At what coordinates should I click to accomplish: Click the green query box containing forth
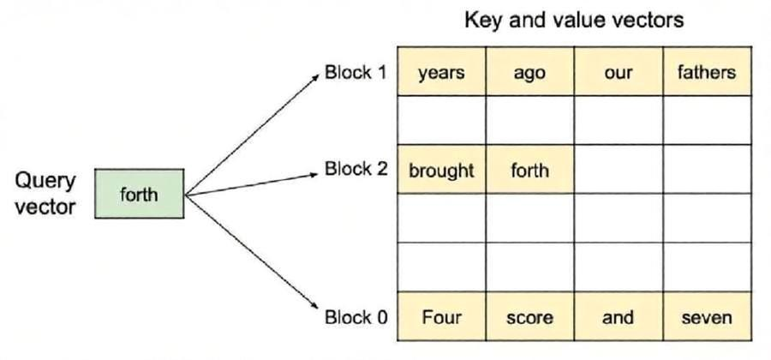139,194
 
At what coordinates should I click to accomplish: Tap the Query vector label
45,194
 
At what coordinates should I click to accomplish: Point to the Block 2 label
356,169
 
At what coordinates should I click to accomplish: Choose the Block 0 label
356,317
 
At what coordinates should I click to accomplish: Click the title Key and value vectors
574,21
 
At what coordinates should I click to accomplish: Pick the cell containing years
441,71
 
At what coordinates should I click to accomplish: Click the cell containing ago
529,71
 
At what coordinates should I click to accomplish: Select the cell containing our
618,71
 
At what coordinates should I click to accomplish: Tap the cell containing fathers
707,71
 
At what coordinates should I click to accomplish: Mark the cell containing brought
441,169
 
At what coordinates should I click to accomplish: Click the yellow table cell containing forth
529,169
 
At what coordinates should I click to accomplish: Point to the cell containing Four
441,316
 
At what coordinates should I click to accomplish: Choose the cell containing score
529,316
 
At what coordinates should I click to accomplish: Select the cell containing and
618,316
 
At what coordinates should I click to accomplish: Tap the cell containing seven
707,316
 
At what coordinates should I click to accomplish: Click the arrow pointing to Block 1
252,135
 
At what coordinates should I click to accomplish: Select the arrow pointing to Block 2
252,184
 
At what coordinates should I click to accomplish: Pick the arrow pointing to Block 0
252,252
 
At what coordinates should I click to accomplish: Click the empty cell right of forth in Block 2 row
618,169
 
